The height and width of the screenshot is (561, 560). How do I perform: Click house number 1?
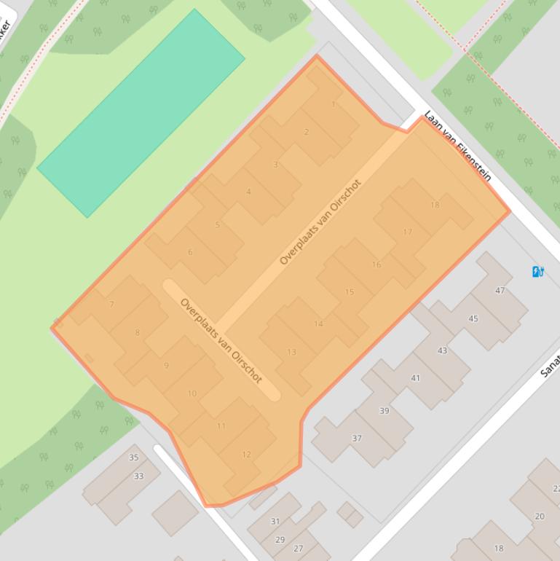334,104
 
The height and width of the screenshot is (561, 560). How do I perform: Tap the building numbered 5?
217,225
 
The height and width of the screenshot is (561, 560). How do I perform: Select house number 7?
111,305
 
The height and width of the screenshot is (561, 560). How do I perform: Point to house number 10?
192,393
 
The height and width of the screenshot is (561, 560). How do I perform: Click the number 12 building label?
246,455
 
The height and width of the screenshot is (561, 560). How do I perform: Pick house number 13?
291,352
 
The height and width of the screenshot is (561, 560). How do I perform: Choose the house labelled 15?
350,292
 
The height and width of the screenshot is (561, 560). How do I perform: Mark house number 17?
407,232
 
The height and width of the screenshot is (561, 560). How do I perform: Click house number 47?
500,291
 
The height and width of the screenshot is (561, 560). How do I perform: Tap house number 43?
442,351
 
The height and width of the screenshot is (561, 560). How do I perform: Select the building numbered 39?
384,411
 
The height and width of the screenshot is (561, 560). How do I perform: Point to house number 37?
357,439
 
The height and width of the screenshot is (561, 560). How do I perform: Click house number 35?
133,458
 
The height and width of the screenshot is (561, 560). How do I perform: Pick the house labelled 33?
138,476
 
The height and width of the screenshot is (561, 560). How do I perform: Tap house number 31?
275,522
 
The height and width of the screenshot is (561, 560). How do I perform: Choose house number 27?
299,549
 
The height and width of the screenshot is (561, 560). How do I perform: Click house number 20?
540,517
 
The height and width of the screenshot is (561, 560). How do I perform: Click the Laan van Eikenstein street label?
458,146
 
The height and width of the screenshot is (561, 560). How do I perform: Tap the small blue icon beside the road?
538,272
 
